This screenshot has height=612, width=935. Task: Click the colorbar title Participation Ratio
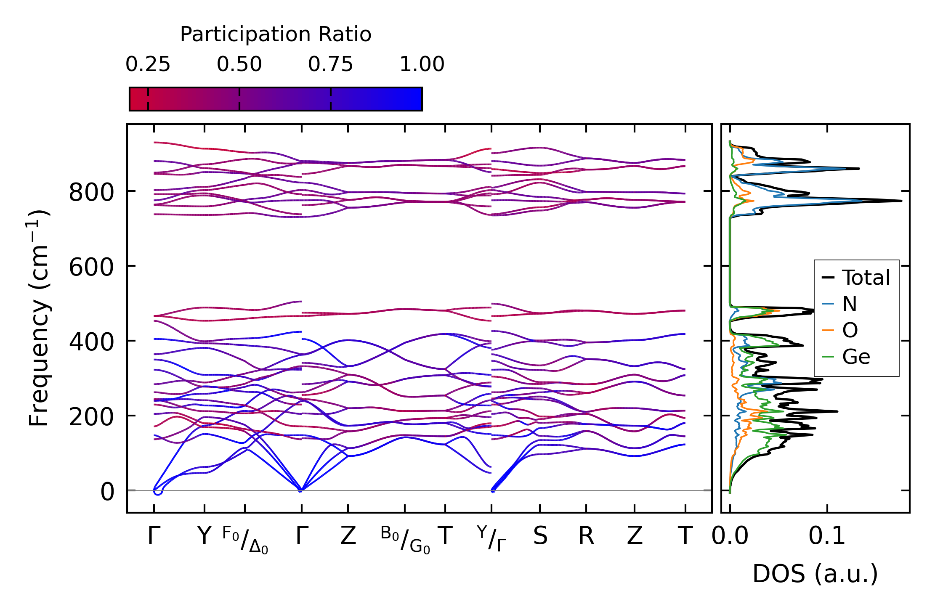276,34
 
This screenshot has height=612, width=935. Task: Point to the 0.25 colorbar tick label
148,65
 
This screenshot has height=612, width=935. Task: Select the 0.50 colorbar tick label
239,65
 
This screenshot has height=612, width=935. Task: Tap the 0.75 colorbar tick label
330,65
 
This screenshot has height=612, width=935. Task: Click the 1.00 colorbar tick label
422,65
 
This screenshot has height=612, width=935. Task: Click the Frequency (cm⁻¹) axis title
39,318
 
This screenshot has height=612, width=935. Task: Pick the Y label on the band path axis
204,536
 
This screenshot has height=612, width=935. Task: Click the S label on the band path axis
540,536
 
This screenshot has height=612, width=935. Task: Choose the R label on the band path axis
586,536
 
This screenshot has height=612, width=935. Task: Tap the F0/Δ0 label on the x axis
245,540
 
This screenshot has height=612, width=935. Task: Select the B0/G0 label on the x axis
405,540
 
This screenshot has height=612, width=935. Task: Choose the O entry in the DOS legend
850,330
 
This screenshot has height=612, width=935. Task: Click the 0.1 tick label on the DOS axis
827,536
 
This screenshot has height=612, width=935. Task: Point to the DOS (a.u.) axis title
815,574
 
